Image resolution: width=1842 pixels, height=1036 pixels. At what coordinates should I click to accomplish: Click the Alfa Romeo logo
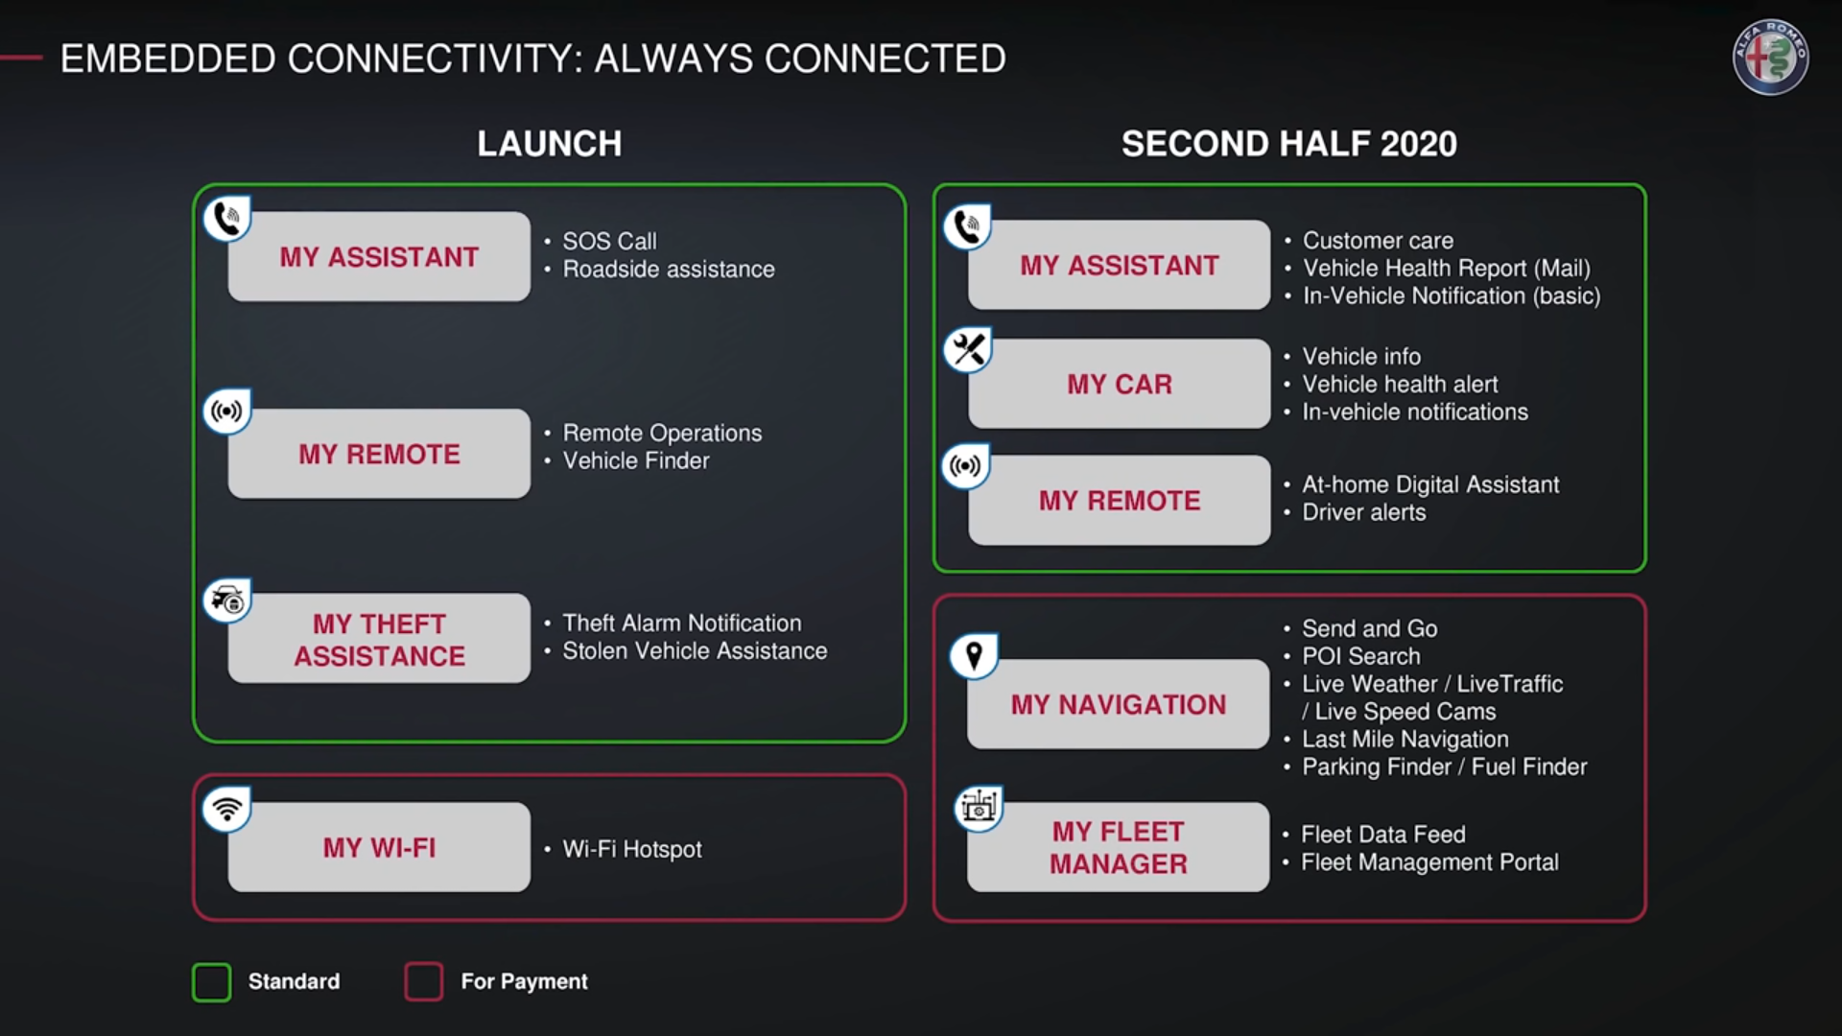tap(1770, 58)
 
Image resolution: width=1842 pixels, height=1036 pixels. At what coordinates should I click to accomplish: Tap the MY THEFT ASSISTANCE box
tap(379, 638)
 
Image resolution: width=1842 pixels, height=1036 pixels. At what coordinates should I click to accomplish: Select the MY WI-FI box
tap(379, 847)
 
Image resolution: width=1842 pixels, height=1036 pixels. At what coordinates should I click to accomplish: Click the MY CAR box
tap(1120, 384)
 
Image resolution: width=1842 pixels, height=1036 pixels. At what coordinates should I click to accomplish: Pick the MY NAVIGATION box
tap(1119, 704)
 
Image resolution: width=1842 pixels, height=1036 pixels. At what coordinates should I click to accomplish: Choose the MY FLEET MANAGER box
tap(1119, 847)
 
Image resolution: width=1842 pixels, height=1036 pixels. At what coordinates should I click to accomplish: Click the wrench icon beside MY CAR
tap(967, 350)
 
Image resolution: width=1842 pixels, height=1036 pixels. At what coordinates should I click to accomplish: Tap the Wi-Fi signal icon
tap(227, 810)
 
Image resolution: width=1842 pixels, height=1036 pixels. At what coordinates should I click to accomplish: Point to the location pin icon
tap(974, 656)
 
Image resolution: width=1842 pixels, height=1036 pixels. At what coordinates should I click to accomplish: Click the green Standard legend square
tap(212, 982)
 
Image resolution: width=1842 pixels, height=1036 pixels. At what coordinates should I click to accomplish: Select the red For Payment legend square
tap(424, 982)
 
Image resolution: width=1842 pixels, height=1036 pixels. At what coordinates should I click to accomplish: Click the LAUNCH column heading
tap(550, 144)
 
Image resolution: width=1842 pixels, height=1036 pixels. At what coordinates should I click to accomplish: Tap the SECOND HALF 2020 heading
tap(1289, 144)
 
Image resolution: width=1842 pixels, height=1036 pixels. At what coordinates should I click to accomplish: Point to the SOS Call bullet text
tap(609, 241)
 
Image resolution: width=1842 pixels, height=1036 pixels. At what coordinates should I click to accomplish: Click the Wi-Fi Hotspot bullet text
tap(632, 849)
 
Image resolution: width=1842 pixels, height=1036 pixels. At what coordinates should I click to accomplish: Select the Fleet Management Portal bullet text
tap(1429, 862)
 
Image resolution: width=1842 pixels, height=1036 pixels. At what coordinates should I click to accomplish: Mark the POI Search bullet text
tap(1360, 656)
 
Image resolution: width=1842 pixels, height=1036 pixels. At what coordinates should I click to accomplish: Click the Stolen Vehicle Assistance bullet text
tap(695, 650)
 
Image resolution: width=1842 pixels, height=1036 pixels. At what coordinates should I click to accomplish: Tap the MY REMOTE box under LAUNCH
tap(379, 454)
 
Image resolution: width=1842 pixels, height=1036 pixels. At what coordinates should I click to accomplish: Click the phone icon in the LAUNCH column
tap(227, 220)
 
